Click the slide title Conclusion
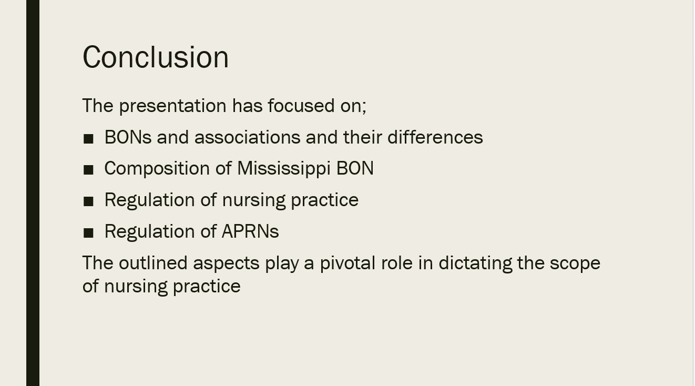(x=156, y=57)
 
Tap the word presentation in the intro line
(x=173, y=106)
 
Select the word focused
(x=301, y=106)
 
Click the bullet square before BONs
(x=88, y=139)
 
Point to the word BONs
(x=128, y=137)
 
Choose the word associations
(x=247, y=137)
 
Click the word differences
(x=435, y=137)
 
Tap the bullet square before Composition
(x=88, y=170)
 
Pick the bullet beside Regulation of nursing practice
(x=88, y=201)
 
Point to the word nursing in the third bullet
(x=254, y=201)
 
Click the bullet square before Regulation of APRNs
(x=88, y=233)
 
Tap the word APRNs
(x=250, y=231)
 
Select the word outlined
(x=154, y=263)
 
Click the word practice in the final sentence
(x=207, y=287)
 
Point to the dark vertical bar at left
(x=33, y=193)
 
